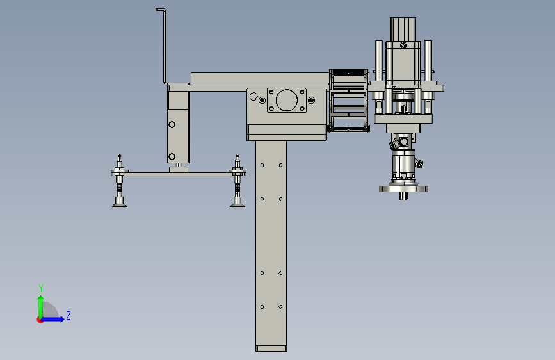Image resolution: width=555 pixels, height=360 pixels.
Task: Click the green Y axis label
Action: click(41, 288)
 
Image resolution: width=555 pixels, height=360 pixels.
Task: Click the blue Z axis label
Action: click(68, 315)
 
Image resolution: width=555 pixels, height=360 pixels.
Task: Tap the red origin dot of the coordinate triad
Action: click(40, 320)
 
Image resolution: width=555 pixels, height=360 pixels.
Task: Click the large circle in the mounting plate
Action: click(286, 101)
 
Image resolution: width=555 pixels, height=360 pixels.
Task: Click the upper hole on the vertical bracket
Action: click(172, 125)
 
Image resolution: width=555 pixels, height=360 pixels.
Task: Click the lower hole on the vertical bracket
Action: click(172, 156)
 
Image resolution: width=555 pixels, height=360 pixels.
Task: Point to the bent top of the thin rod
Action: click(161, 10)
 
